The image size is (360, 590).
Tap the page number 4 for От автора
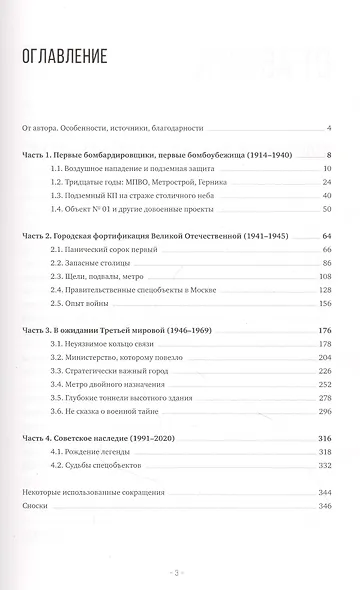point(329,128)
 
